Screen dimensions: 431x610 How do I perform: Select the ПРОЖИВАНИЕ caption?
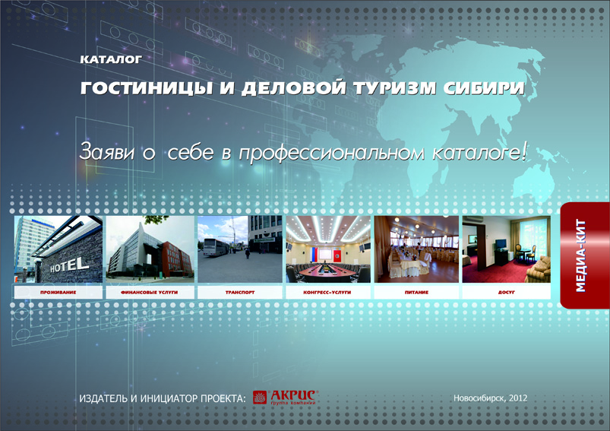[x=58, y=292]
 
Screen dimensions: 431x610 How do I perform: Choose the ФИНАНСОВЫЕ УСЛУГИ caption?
[x=150, y=292]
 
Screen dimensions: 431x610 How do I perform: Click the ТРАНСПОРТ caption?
[x=239, y=292]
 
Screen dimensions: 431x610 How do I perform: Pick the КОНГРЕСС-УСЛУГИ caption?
[x=328, y=292]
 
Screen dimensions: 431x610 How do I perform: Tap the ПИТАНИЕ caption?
[x=416, y=292]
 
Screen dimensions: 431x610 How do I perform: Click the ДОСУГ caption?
[x=506, y=292]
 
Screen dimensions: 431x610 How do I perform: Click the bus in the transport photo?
[x=213, y=249]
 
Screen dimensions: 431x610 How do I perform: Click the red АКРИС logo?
[x=286, y=397]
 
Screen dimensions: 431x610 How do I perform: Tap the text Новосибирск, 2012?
[x=489, y=398]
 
